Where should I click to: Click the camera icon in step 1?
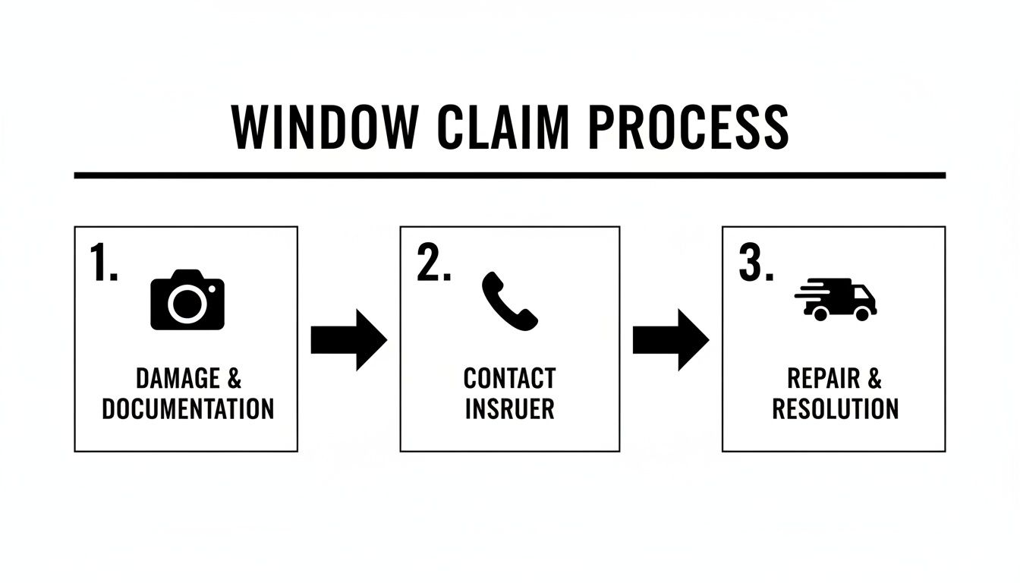click(x=187, y=301)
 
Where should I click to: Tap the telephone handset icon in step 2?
click(x=509, y=301)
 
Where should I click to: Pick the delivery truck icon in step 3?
click(x=836, y=299)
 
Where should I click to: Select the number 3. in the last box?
click(x=755, y=265)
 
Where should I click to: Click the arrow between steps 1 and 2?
click(x=348, y=340)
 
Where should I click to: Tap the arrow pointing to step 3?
click(x=670, y=340)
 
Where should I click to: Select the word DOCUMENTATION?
click(x=187, y=409)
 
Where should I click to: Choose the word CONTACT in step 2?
click(x=509, y=379)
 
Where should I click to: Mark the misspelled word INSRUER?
click(x=509, y=409)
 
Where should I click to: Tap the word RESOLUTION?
click(x=835, y=409)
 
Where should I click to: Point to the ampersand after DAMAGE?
click(x=234, y=379)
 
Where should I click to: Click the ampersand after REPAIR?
click(x=874, y=379)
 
